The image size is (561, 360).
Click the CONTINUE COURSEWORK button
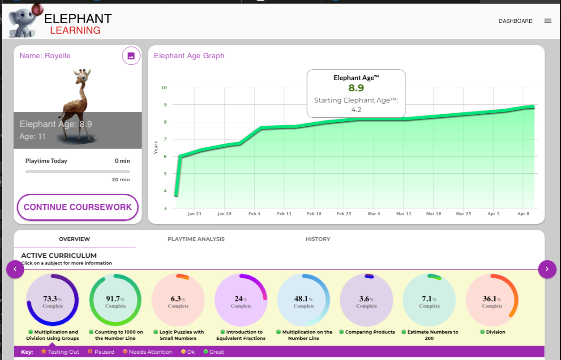pos(77,207)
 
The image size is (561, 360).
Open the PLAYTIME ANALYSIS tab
pos(196,239)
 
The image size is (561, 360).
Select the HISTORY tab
pos(318,239)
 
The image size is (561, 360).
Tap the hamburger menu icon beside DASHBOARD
pos(548,21)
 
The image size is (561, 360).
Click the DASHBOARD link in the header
pos(515,21)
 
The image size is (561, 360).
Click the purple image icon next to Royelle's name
pos(131,56)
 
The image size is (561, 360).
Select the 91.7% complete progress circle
pos(116,300)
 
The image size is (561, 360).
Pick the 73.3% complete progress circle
pos(53,300)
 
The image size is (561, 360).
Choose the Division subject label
pos(495,332)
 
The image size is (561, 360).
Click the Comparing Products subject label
pos(370,332)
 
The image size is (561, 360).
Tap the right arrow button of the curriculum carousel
pos(547,269)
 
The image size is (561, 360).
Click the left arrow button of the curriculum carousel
pos(15,269)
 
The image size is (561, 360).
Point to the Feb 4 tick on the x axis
pos(254,214)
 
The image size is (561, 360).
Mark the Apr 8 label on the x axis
pos(523,214)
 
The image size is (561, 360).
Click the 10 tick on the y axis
pos(164,88)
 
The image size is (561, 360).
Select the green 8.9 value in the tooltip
pos(356,88)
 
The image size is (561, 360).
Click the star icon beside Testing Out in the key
pos(43,351)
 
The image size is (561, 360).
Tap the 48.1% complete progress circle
pos(304,300)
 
